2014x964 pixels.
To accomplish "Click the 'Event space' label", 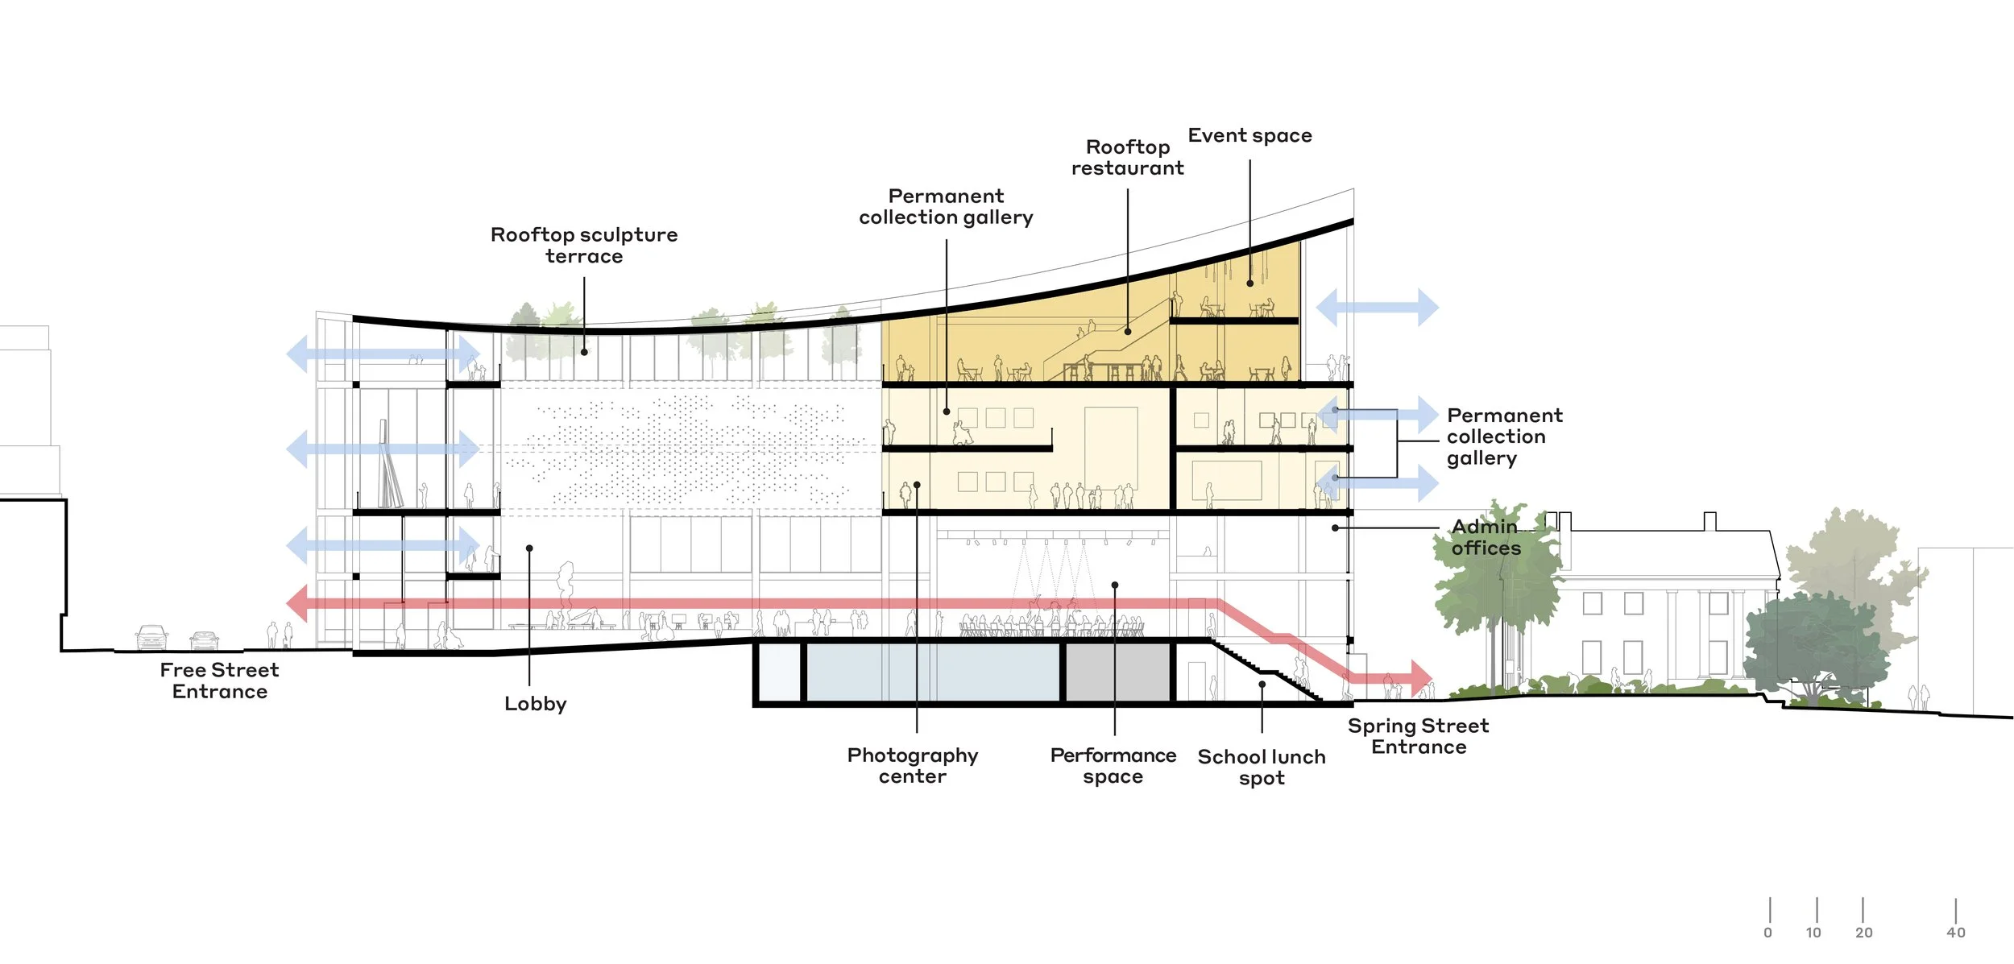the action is pyautogui.click(x=1249, y=136).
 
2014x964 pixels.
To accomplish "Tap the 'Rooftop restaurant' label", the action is pyautogui.click(x=1127, y=158).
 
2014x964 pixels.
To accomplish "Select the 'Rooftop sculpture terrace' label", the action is pyautogui.click(x=584, y=246).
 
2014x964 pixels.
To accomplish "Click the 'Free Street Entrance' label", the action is pyautogui.click(x=219, y=681).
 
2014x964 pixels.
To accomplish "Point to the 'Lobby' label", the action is pyautogui.click(x=536, y=704).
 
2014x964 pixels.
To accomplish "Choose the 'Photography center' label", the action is pyautogui.click(x=913, y=766).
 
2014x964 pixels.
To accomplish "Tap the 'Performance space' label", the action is pyautogui.click(x=1113, y=766).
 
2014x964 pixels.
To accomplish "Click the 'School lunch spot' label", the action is pyautogui.click(x=1262, y=767).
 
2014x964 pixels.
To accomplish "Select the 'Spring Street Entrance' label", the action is pyautogui.click(x=1419, y=737).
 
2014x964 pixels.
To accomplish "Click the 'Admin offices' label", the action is pyautogui.click(x=1486, y=538).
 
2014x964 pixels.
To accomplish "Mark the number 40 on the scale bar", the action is pyautogui.click(x=1956, y=933).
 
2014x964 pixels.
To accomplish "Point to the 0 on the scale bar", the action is pyautogui.click(x=1768, y=933).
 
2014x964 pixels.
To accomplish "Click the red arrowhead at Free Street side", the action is pyautogui.click(x=297, y=603).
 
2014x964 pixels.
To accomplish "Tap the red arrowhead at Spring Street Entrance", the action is pyautogui.click(x=1420, y=677).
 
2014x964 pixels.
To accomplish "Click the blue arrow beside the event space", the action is pyautogui.click(x=1378, y=308).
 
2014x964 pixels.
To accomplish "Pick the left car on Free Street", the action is pyautogui.click(x=151, y=637).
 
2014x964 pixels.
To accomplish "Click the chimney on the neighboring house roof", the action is pyautogui.click(x=1709, y=522).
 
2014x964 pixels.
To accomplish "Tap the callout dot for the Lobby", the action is pyautogui.click(x=529, y=548).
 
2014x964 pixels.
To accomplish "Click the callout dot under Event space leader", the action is pyautogui.click(x=1250, y=283).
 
